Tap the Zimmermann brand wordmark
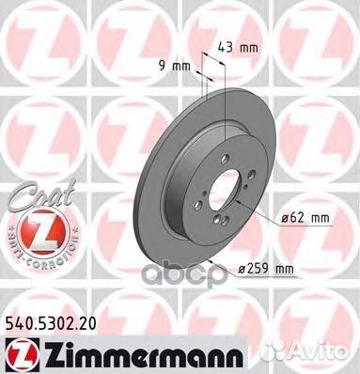click(105, 352)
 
